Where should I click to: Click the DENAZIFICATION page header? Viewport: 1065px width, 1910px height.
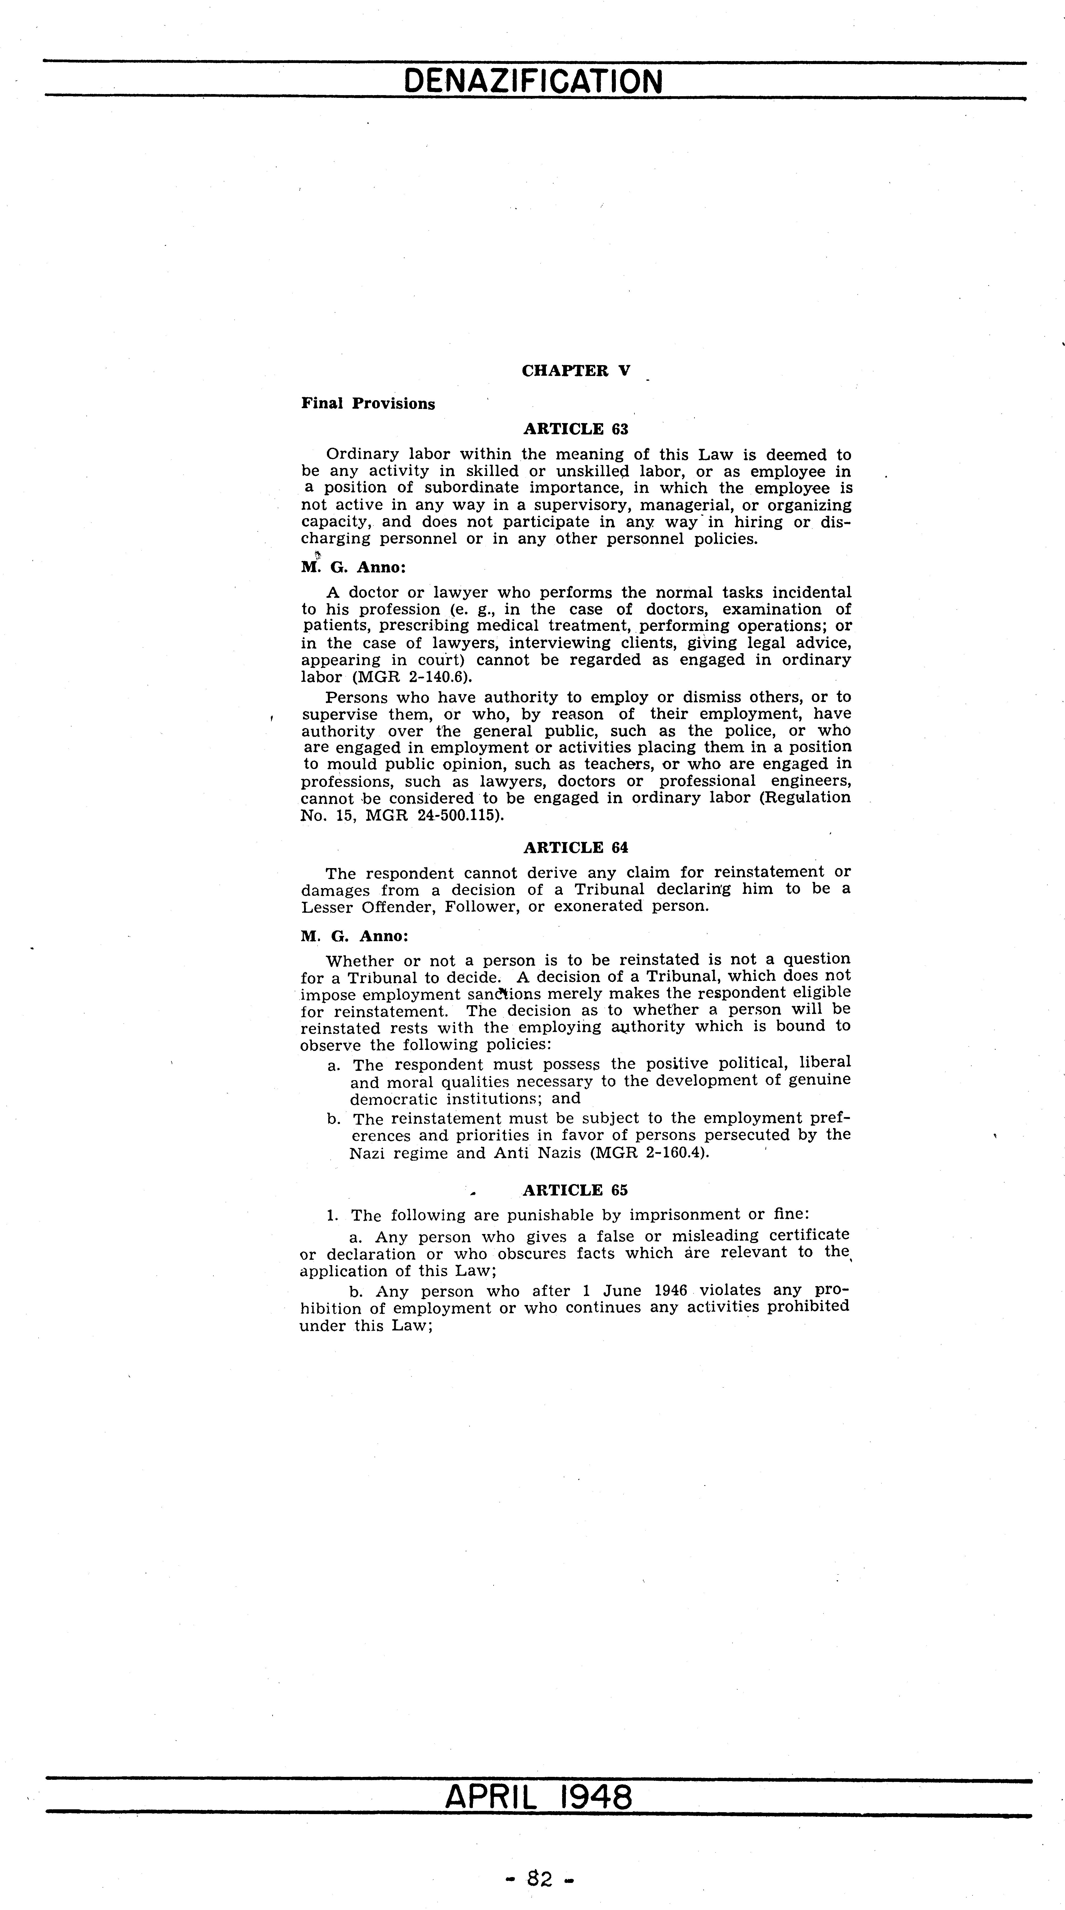click(533, 82)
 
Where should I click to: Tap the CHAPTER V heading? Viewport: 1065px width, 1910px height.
click(575, 371)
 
